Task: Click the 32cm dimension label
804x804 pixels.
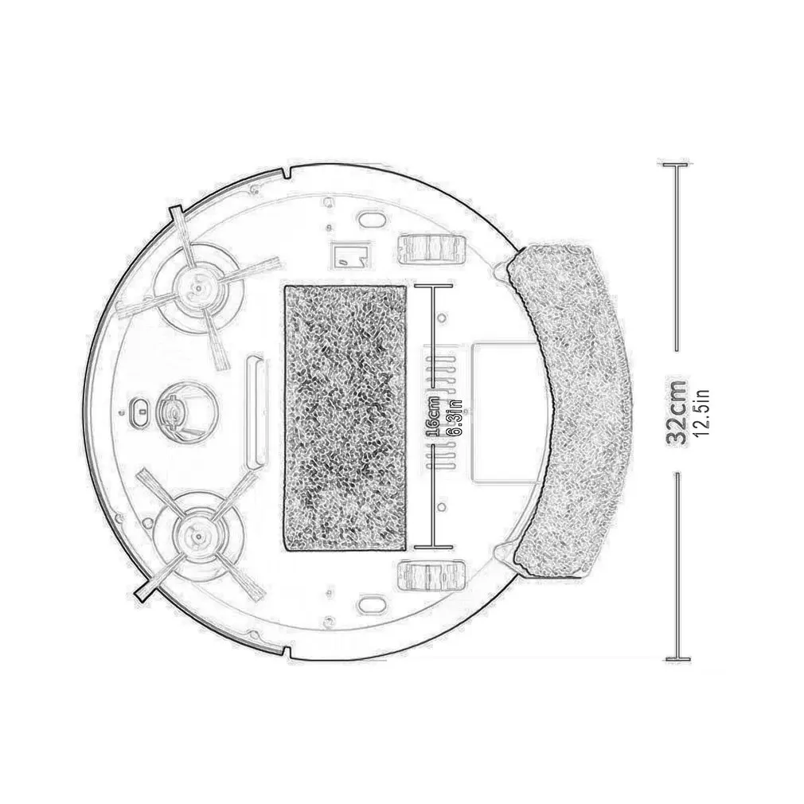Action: [677, 411]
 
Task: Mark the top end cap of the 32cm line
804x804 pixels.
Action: [677, 165]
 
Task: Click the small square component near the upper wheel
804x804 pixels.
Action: [349, 253]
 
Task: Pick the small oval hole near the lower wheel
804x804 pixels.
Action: [370, 602]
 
